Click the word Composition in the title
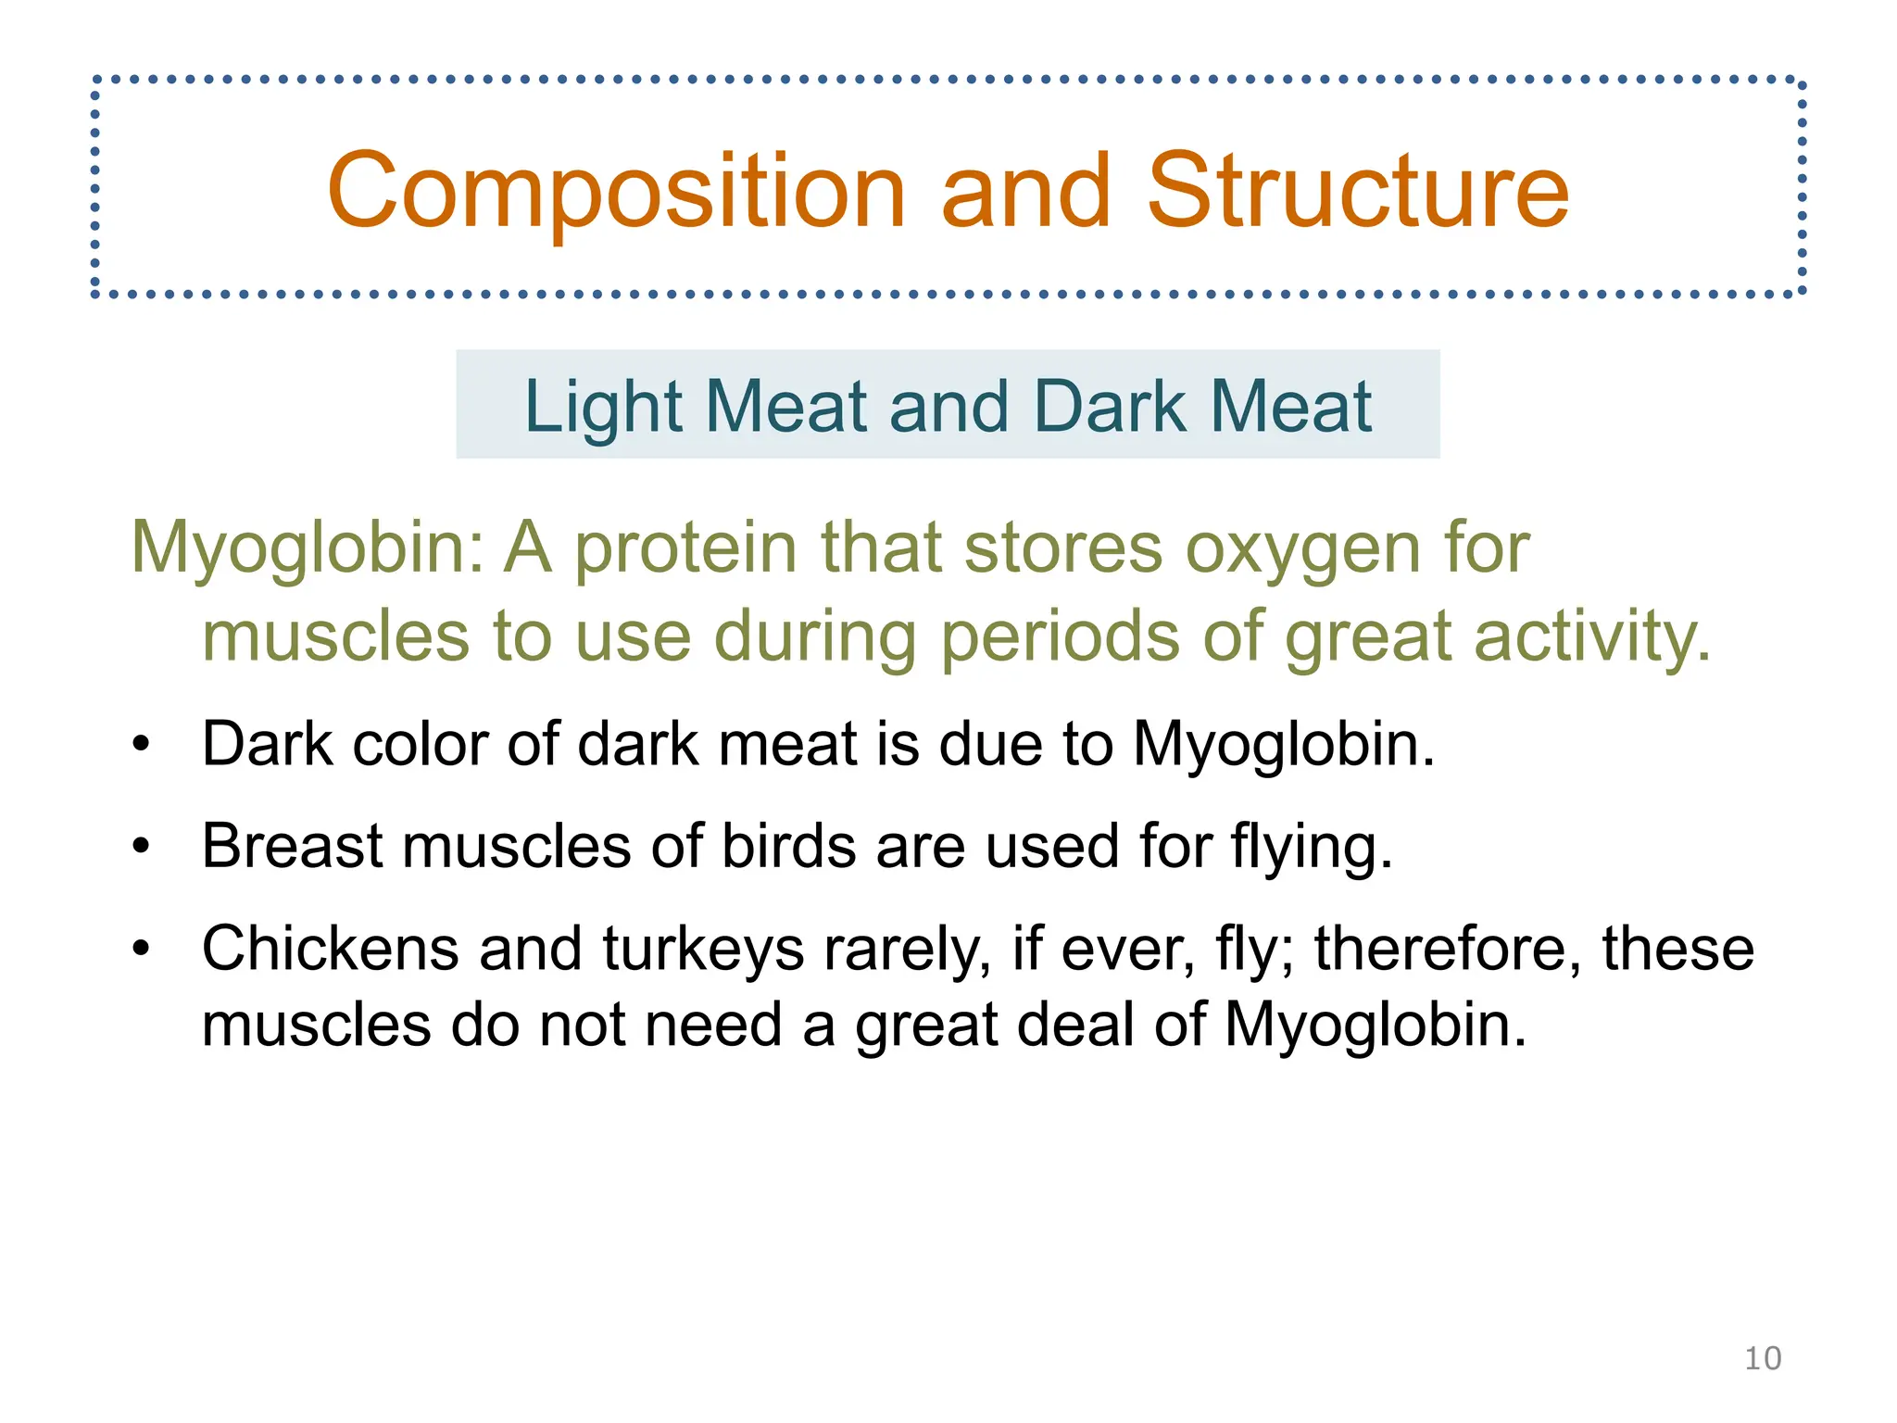click(x=616, y=192)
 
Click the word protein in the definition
click(x=685, y=548)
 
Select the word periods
click(x=1060, y=637)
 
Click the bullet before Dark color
click(x=141, y=744)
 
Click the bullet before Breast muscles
click(x=141, y=846)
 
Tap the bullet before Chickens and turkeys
click(x=141, y=949)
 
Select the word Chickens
click(x=330, y=949)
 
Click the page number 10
click(x=1762, y=1358)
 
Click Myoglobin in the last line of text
click(x=1375, y=1026)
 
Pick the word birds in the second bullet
click(x=788, y=846)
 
